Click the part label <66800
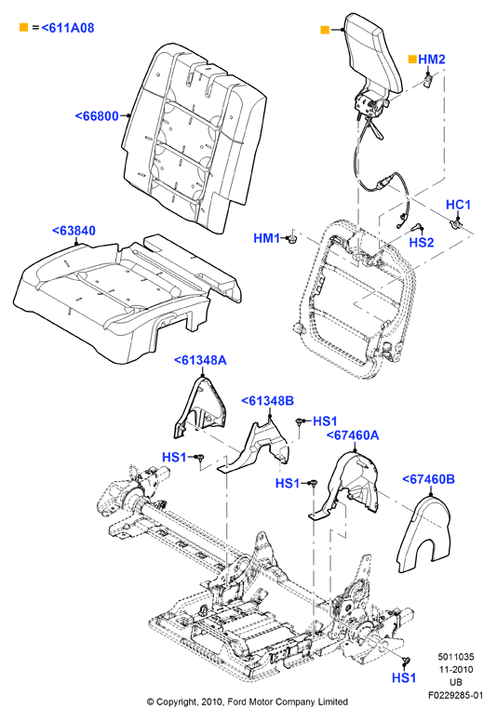coord(97,116)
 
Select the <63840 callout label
coord(74,230)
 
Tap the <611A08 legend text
coord(68,28)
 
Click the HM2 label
coord(432,59)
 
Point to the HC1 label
coord(458,205)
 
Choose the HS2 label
coord(422,242)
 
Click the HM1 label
coord(267,238)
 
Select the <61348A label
coord(200,360)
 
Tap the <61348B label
coord(268,401)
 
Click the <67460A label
coord(353,435)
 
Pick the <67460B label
coord(429,479)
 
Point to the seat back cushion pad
coord(194,138)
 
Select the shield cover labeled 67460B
coord(423,534)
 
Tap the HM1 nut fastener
coord(290,239)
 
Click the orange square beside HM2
coord(412,59)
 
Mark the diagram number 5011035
coord(455,657)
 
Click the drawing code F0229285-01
coord(455,695)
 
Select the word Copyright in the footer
coord(177,702)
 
